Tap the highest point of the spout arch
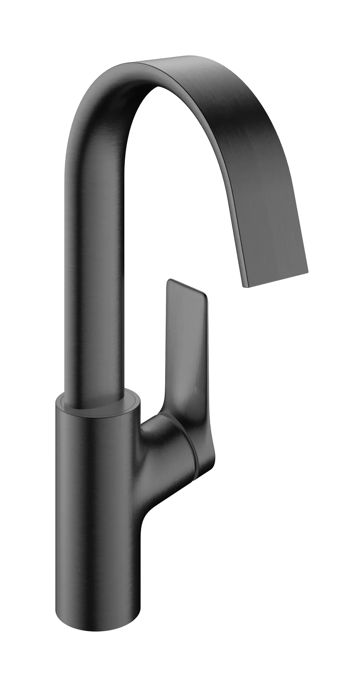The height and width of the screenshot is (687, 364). coord(161,60)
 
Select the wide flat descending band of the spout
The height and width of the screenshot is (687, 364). coord(262,201)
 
